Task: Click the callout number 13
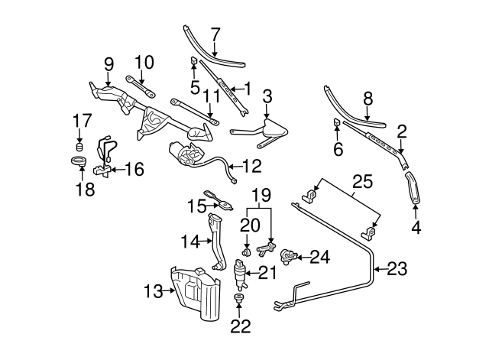(x=152, y=290)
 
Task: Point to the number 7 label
(x=215, y=34)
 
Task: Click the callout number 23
(x=398, y=268)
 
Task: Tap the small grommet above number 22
(x=239, y=298)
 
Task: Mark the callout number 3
(x=267, y=96)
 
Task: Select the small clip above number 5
(x=195, y=60)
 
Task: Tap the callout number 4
(x=415, y=227)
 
